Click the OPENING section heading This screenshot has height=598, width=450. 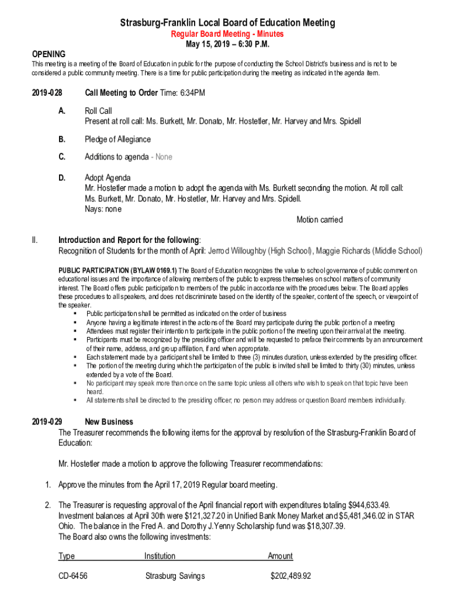click(49, 54)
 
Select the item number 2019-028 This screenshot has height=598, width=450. click(47, 93)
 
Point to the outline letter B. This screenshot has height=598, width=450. click(61, 140)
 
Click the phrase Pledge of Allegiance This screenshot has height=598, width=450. click(117, 140)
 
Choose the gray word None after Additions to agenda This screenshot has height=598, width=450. click(162, 157)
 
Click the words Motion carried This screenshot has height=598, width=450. click(319, 220)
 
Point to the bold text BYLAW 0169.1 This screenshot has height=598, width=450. click(155, 270)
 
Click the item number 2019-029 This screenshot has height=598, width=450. click(47, 422)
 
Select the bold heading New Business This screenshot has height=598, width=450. click(109, 422)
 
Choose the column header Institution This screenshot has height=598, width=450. click(160, 557)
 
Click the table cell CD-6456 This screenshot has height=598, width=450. click(73, 576)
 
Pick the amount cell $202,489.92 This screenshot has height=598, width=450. click(290, 576)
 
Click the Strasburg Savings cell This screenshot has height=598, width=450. click(175, 576)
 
